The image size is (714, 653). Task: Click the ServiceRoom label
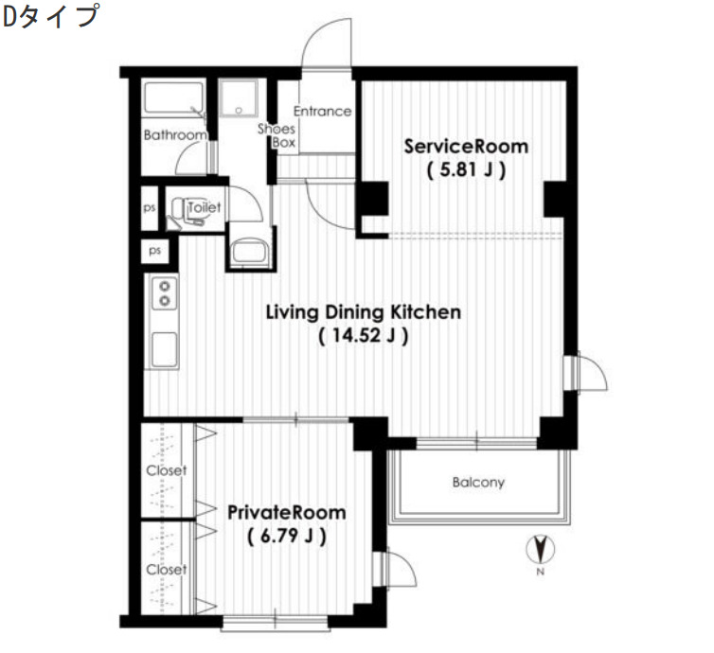(466, 147)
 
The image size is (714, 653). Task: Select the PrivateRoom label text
(286, 512)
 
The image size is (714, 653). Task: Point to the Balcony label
(478, 483)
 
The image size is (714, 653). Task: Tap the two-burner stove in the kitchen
(164, 292)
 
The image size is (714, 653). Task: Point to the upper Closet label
(166, 470)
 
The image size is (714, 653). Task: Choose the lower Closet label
(166, 570)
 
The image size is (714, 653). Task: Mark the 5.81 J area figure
(465, 171)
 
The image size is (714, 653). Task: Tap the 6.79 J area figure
(287, 537)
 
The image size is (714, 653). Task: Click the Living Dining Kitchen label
(363, 311)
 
